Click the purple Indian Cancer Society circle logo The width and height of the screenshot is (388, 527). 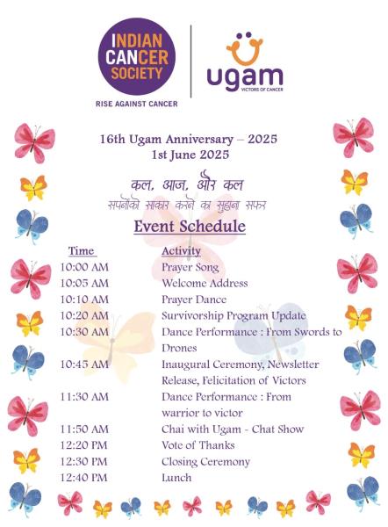tap(137, 56)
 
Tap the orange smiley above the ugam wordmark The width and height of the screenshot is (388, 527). tap(245, 49)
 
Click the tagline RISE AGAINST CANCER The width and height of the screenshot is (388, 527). tap(136, 104)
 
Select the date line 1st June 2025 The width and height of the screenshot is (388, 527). tap(190, 155)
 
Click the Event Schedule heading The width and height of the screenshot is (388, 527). tap(190, 226)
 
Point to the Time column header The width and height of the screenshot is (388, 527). tap(81, 250)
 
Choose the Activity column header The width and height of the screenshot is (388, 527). tap(181, 251)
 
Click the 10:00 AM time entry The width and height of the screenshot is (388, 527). tap(84, 267)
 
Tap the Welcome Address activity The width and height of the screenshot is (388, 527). tap(205, 283)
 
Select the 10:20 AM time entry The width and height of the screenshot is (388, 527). tap(84, 315)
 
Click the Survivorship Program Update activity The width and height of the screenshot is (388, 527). tap(234, 316)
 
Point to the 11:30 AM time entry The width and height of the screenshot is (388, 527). tap(84, 397)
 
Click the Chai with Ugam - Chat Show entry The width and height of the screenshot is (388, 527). tap(233, 430)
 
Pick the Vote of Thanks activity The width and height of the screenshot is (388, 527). tap(198, 445)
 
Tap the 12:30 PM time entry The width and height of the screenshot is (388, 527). tap(83, 462)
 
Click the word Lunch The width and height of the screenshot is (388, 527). tap(176, 478)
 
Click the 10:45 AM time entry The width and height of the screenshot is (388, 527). tap(84, 365)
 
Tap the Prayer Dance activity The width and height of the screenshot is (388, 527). tap(194, 300)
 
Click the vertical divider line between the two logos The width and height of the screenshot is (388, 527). tap(191, 61)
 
